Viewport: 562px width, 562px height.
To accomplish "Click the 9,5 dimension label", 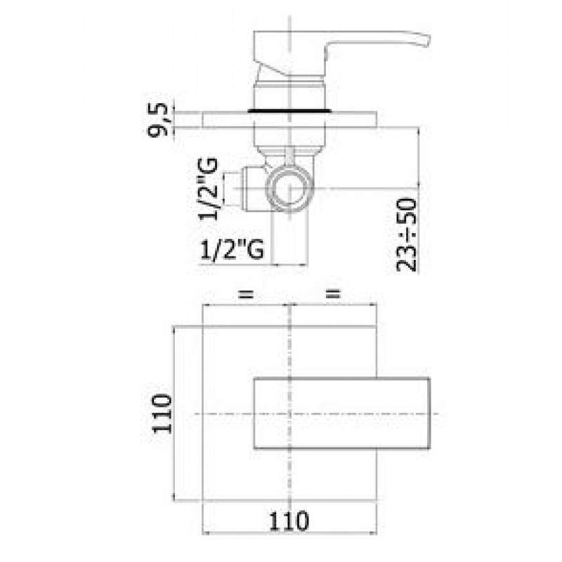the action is click(x=157, y=119).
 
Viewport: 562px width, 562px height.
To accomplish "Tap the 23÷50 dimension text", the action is click(x=407, y=235).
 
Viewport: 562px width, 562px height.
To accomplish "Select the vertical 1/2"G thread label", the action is click(x=208, y=188).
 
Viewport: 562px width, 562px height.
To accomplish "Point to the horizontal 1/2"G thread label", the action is click(x=232, y=249).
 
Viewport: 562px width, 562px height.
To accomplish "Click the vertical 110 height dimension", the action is click(x=162, y=414).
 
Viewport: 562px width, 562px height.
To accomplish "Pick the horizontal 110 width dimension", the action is click(x=289, y=521).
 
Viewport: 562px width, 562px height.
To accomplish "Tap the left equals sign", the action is click(x=247, y=294).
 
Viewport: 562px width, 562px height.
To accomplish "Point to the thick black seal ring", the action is click(x=289, y=111).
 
